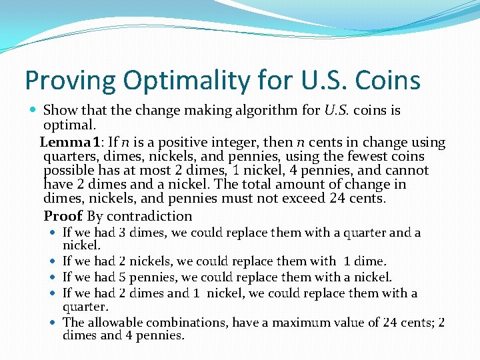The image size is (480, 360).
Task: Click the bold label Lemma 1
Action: pyautogui.click(x=68, y=142)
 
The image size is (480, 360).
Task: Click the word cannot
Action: pyautogui.click(x=405, y=171)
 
